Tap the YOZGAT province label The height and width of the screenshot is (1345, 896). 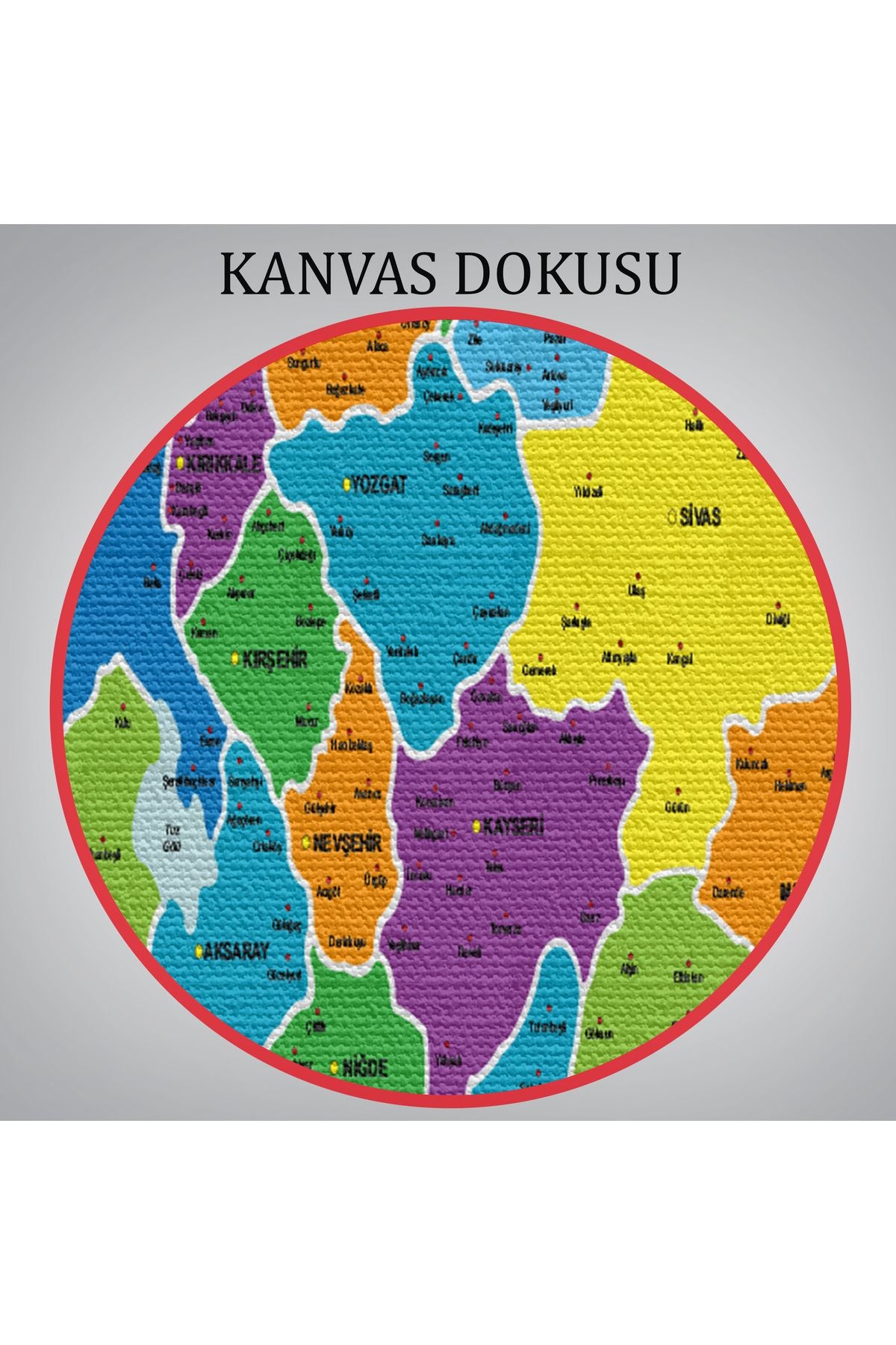pyautogui.click(x=379, y=485)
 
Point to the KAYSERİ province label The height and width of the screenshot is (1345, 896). pyautogui.click(x=513, y=826)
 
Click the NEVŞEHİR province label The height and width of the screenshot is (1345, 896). pyautogui.click(x=347, y=843)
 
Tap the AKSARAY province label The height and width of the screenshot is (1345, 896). pyautogui.click(x=237, y=951)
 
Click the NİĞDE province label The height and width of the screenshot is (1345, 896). pyautogui.click(x=364, y=1068)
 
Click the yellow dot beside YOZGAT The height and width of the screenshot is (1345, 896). pyautogui.click(x=346, y=486)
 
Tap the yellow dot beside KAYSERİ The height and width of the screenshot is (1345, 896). pyautogui.click(x=476, y=826)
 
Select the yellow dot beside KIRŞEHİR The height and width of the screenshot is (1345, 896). pyautogui.click(x=235, y=658)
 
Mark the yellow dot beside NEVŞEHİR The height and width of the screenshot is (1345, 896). pyautogui.click(x=306, y=843)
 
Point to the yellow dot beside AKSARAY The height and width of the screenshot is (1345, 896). pyautogui.click(x=199, y=951)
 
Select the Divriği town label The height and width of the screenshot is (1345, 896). pyautogui.click(x=779, y=619)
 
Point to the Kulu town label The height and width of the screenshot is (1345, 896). pyautogui.click(x=122, y=722)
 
